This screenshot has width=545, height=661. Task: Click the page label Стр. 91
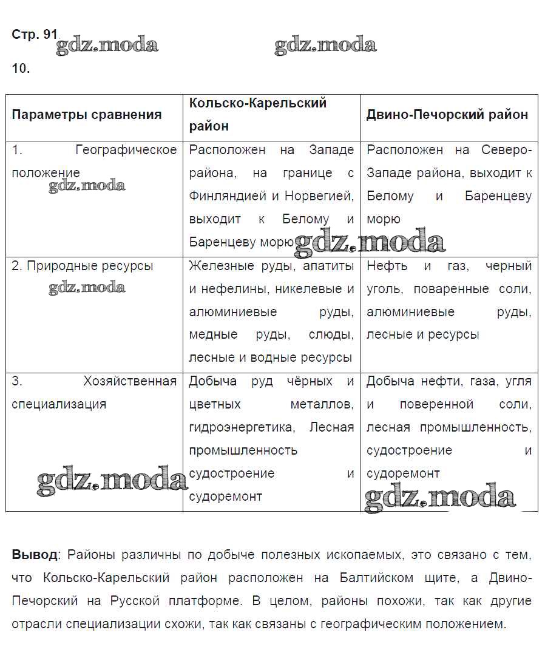(34, 35)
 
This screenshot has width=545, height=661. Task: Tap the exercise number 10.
(21, 68)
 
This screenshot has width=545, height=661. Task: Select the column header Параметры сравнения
(87, 115)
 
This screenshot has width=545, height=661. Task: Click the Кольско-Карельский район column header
(258, 103)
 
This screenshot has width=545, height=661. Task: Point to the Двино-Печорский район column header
(447, 115)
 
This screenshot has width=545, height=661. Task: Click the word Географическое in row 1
(126, 150)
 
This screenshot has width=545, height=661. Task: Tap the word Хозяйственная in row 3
(130, 381)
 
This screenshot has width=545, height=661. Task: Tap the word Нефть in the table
(387, 266)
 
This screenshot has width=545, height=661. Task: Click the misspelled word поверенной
(436, 404)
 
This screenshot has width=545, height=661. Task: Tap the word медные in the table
(213, 335)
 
